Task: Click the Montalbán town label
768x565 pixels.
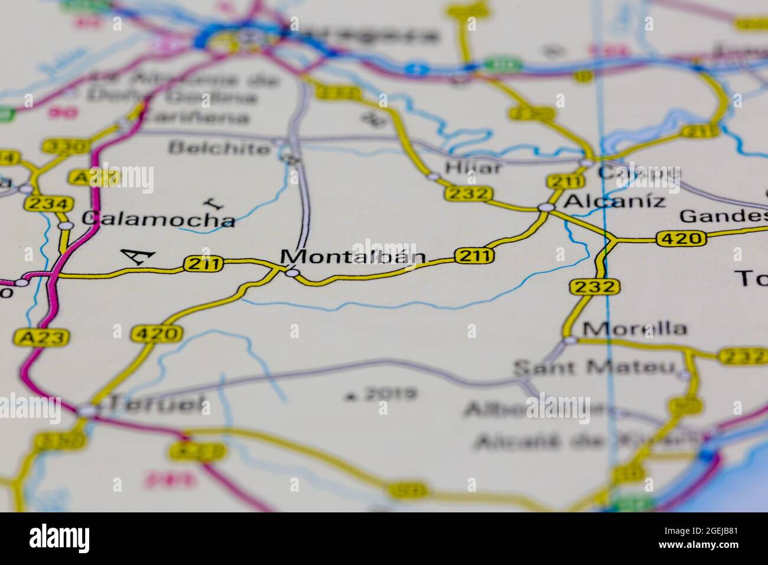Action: click(x=353, y=256)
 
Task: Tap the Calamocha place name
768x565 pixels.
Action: click(x=158, y=219)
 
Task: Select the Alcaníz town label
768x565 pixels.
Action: click(x=614, y=201)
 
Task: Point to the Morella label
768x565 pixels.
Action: click(x=634, y=328)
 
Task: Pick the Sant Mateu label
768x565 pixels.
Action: click(x=594, y=368)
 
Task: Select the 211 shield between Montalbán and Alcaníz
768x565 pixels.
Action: click(x=474, y=255)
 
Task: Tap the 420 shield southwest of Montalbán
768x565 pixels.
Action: click(x=157, y=334)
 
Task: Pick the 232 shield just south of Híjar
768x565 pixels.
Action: click(x=469, y=193)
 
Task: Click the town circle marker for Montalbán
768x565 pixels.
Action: click(x=292, y=272)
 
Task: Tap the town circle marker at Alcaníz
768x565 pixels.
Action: click(x=546, y=207)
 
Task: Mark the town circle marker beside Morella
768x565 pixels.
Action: click(x=570, y=340)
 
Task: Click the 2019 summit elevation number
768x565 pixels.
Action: click(x=390, y=394)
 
